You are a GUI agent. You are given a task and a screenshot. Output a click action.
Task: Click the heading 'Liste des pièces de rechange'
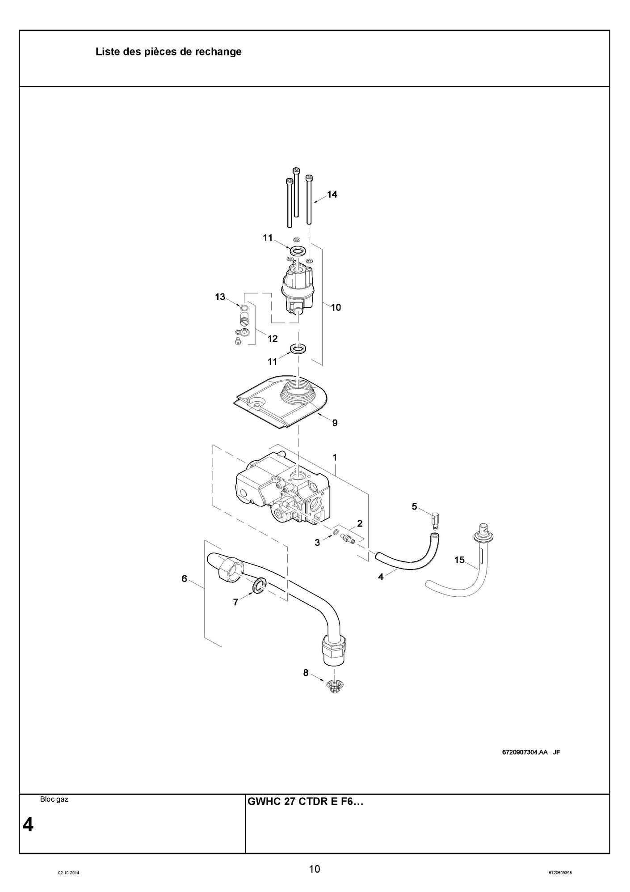(168, 52)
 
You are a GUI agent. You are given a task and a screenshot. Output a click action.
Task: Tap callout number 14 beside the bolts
(332, 194)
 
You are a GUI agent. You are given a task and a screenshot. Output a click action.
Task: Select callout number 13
(220, 297)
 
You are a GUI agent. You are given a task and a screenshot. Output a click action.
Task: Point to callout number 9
(335, 423)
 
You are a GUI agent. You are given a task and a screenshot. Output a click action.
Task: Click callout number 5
(414, 506)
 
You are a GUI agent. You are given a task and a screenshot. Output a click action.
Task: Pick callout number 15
(459, 560)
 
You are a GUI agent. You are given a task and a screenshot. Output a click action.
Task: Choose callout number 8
(306, 672)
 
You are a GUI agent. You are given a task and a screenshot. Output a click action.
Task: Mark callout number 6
(184, 578)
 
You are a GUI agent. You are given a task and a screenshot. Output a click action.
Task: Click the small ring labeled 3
(335, 532)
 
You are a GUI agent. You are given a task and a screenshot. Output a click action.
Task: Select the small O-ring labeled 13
(244, 308)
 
